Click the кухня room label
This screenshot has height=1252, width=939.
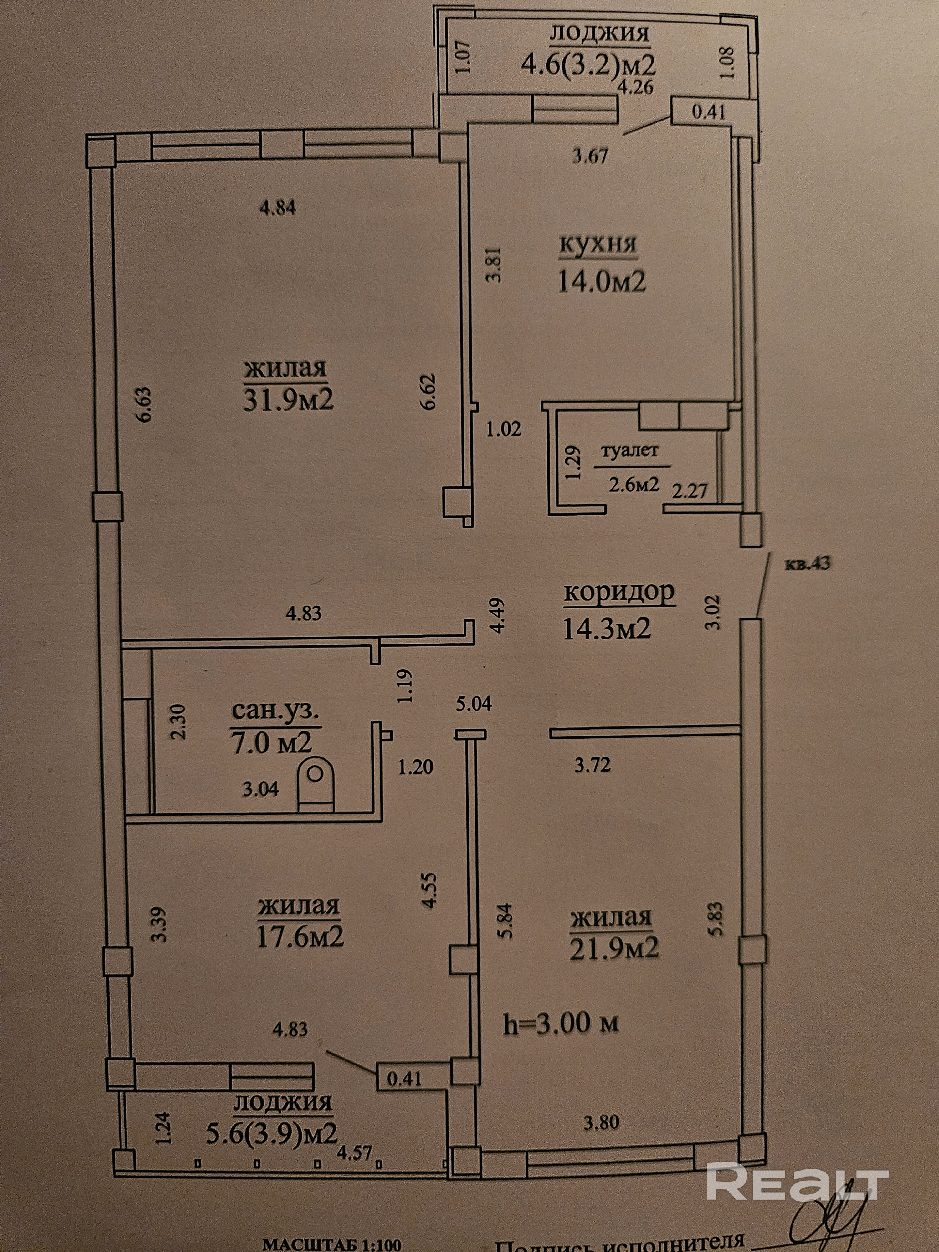click(598, 244)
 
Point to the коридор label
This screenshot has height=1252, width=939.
click(619, 593)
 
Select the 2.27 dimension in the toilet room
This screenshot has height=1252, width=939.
click(690, 490)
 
